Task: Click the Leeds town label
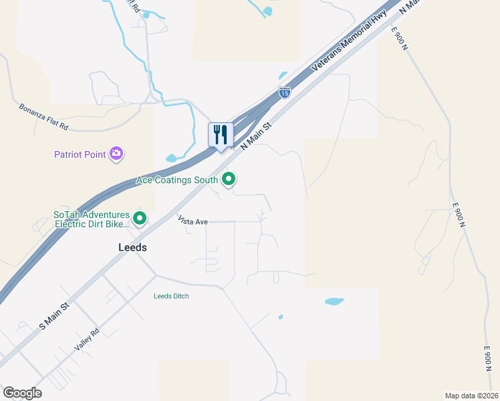tap(132, 247)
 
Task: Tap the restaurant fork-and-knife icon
tap(220, 135)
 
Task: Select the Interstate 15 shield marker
tap(285, 92)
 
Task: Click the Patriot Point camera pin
tap(118, 154)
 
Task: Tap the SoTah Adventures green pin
tap(140, 218)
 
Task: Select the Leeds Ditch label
tap(171, 296)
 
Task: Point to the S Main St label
tap(54, 317)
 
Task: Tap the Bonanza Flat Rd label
tap(43, 116)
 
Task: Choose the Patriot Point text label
tap(80, 155)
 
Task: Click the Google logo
tap(22, 393)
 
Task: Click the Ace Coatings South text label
tap(176, 180)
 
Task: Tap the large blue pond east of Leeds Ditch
tap(334, 301)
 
